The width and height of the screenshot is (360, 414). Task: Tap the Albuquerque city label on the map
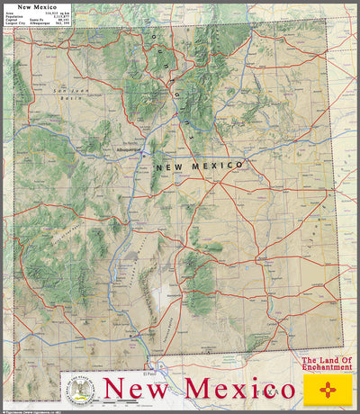129,149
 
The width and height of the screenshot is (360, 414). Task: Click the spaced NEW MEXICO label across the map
199,166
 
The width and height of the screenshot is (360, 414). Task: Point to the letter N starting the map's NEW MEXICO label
159,167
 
